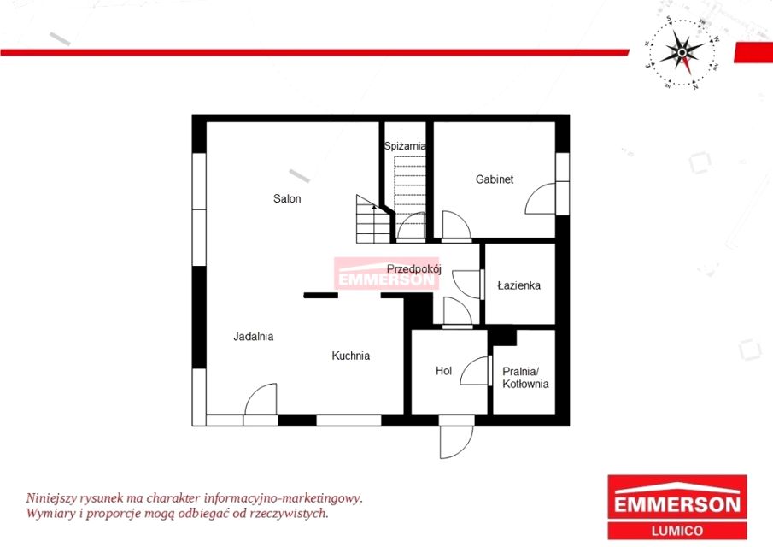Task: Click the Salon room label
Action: tap(287, 198)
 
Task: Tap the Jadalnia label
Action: tap(254, 337)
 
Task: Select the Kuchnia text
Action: tap(350, 356)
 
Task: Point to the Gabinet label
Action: tap(495, 179)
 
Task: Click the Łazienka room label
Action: tap(519, 285)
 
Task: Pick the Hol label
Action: tap(443, 370)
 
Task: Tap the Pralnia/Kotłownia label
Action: tap(525, 377)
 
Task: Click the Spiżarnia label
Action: tap(405, 146)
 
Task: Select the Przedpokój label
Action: tap(413, 269)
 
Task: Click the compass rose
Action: tap(682, 52)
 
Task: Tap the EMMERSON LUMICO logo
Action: tap(676, 507)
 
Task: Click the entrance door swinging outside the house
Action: tap(456, 442)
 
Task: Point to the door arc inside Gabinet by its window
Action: tap(541, 198)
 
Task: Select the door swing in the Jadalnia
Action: tap(261, 398)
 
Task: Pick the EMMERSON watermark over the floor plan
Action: tap(386, 273)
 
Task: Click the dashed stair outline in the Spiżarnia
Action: tap(410, 186)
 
